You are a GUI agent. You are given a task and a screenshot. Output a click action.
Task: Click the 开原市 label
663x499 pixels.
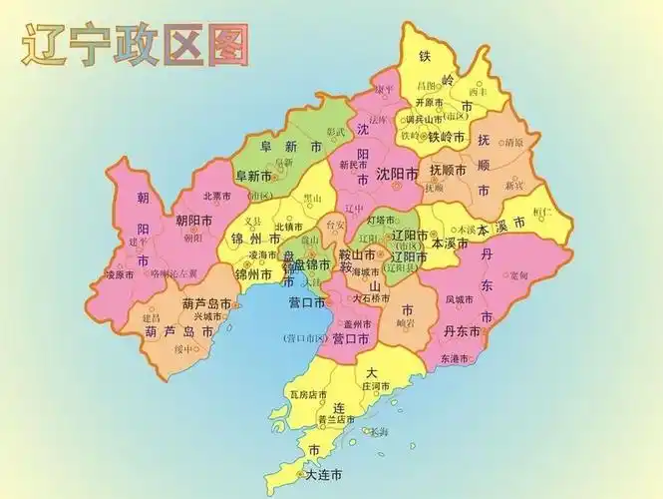click(x=428, y=102)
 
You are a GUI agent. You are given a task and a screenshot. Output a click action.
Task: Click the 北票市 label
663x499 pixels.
click(x=216, y=196)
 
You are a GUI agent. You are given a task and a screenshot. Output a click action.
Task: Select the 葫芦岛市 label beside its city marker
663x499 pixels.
click(x=206, y=303)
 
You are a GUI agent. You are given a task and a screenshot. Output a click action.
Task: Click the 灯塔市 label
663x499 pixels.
click(x=382, y=220)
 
